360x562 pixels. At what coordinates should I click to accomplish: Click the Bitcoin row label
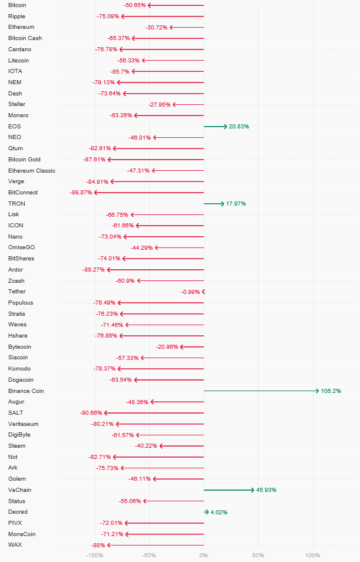coord(17,5)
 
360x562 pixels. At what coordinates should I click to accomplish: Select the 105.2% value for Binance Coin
coord(331,391)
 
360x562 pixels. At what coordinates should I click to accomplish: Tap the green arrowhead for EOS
coord(224,127)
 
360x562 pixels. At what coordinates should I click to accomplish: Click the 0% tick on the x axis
coord(203,556)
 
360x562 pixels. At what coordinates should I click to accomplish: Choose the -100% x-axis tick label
coord(95,556)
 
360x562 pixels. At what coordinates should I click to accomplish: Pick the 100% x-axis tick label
coord(313,556)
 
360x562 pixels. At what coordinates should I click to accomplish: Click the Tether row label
coord(17,292)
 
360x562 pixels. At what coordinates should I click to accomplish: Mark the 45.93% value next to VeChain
coord(266,490)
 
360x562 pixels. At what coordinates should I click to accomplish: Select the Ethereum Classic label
coord(32,171)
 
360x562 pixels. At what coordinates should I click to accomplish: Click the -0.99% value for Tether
coord(190,292)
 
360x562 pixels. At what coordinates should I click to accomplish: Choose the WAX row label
coord(15,545)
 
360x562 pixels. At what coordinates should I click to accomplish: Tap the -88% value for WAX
coord(98,546)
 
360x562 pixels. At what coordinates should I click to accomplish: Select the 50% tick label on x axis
coord(258,556)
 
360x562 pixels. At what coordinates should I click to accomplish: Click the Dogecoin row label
coord(21,380)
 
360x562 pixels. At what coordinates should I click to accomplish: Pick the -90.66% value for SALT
coord(91,413)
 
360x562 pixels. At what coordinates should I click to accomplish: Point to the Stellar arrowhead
coord(174,105)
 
